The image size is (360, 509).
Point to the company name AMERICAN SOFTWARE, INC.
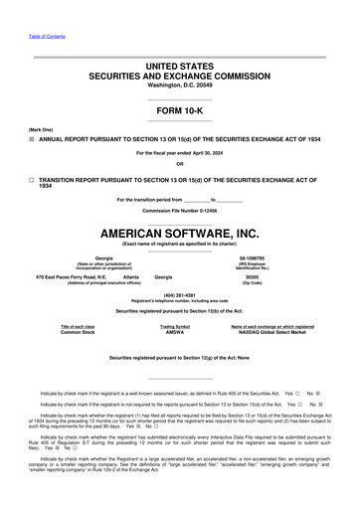click(x=180, y=231)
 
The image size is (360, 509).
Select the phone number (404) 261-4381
click(x=180, y=295)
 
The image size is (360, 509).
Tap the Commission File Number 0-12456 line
click(x=180, y=212)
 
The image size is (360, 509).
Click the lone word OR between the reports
click(x=180, y=163)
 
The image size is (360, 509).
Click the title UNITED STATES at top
click(x=180, y=65)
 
